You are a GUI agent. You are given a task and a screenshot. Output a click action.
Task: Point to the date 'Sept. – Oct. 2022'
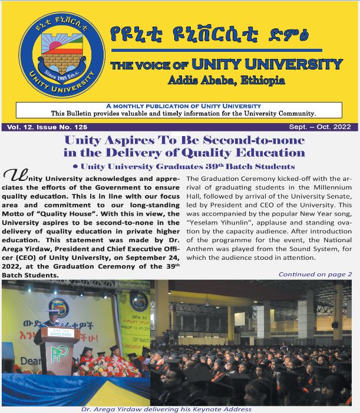[x=322, y=127]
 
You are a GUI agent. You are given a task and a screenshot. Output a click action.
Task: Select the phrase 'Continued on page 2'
[x=315, y=274]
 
